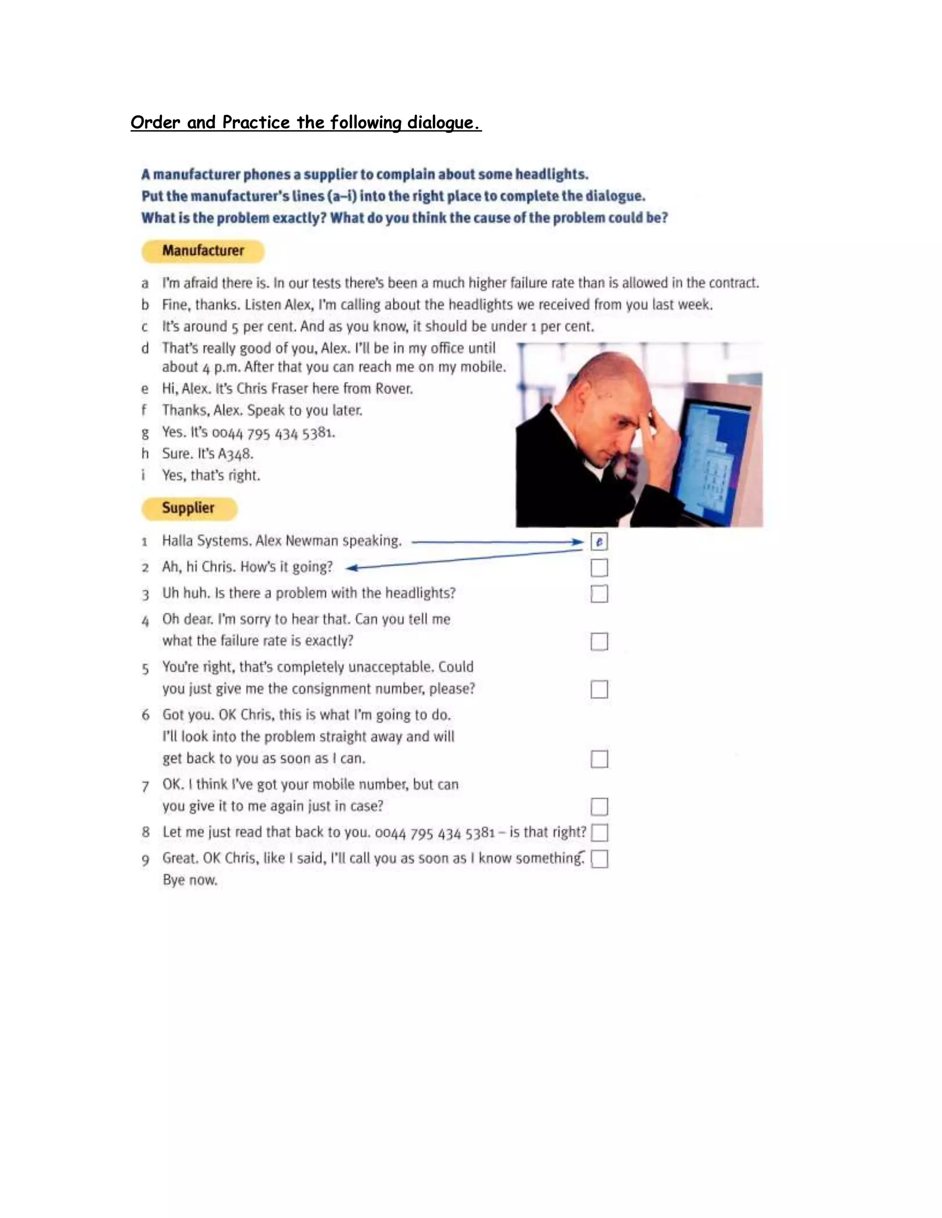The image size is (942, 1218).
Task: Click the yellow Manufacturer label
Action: pos(202,251)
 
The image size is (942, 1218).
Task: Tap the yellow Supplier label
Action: pos(189,508)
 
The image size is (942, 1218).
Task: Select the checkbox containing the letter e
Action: pos(599,541)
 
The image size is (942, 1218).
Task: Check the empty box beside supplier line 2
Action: pos(599,568)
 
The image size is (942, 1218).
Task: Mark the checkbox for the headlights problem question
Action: pos(599,594)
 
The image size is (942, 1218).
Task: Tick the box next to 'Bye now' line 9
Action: pos(599,859)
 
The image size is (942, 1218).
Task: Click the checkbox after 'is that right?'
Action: pos(599,833)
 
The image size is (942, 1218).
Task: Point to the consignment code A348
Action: pos(235,454)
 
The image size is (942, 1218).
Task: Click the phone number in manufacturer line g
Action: pos(274,433)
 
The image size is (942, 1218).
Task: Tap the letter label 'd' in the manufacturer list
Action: pos(145,348)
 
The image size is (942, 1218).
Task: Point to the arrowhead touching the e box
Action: pos(579,541)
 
